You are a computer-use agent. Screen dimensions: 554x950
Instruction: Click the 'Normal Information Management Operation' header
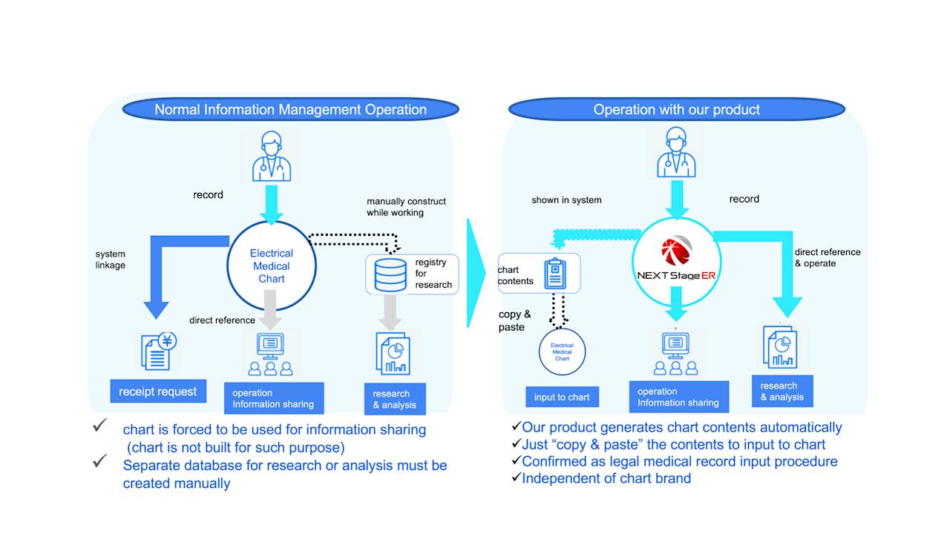(290, 110)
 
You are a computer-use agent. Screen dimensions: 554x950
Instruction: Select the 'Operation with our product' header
(676, 110)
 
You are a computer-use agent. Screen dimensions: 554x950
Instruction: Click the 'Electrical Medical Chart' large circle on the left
(271, 266)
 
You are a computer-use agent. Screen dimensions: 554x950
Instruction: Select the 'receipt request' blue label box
(157, 392)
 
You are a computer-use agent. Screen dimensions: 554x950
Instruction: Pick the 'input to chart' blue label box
(562, 398)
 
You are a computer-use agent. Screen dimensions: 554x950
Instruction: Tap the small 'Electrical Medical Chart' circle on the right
(562, 351)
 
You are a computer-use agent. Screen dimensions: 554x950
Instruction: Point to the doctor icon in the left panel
(272, 156)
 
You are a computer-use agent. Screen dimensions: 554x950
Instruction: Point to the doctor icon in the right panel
(676, 153)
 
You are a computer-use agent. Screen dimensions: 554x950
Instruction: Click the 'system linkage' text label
(111, 260)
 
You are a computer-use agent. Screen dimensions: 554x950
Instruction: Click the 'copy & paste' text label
(514, 320)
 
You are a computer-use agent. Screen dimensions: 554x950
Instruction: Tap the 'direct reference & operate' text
(827, 257)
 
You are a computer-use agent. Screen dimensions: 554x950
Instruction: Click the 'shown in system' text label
(566, 200)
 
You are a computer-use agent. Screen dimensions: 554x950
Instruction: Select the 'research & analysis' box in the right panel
(782, 392)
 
